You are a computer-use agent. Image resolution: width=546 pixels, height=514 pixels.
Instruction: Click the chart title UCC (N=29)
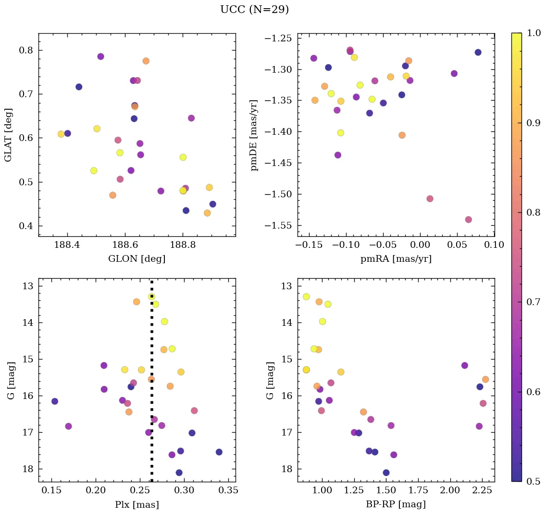coord(254,10)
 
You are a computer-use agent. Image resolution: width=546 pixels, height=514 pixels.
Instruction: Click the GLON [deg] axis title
coord(137,259)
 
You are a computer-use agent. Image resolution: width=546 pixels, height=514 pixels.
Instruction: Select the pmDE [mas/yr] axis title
coord(255,135)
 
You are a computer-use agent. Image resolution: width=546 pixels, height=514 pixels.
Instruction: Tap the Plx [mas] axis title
coord(137,504)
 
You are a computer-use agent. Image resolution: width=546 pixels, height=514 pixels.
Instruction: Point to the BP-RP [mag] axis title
coord(396,504)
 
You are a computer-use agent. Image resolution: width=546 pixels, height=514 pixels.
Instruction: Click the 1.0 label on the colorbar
coord(534,33)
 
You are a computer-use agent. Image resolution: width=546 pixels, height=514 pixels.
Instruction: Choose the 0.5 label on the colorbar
coord(534,481)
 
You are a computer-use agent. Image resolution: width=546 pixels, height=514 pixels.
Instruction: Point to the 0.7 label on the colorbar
coord(534,302)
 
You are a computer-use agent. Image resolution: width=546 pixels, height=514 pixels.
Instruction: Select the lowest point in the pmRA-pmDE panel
coord(469,219)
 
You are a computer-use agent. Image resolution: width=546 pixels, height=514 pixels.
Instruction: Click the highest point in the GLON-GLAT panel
coord(100,56)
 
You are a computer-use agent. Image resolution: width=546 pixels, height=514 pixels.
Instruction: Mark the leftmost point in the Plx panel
coord(55,401)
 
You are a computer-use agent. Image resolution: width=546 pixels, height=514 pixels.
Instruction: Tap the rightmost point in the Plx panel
coord(219,452)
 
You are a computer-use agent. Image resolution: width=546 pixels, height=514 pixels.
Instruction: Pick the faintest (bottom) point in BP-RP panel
coord(386,473)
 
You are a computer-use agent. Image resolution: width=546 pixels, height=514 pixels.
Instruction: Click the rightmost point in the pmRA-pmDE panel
coord(478,52)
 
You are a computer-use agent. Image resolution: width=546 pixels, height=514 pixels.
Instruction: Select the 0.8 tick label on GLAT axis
coord(26,51)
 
